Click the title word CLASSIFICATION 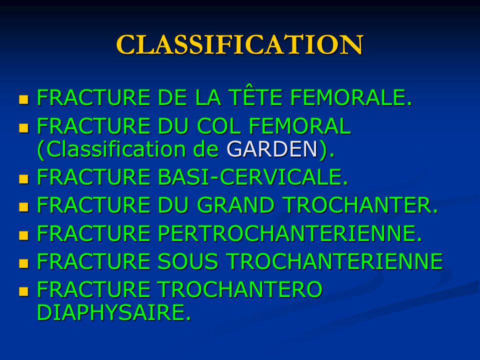[239, 44]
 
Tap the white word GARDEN [272, 149]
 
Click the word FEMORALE [351, 97]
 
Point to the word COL [218, 126]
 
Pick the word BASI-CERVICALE [253, 177]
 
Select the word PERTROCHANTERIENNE [289, 233]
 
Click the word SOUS [188, 261]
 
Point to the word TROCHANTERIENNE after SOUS [334, 261]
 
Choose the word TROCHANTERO [240, 289]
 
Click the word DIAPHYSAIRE [113, 312]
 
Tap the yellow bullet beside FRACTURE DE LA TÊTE [23, 100]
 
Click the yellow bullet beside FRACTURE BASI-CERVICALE [23, 179]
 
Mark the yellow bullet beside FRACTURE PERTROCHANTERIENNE [23, 235]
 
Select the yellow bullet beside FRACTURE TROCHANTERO [23, 291]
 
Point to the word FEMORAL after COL [299, 126]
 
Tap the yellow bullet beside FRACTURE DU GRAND [23, 207]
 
